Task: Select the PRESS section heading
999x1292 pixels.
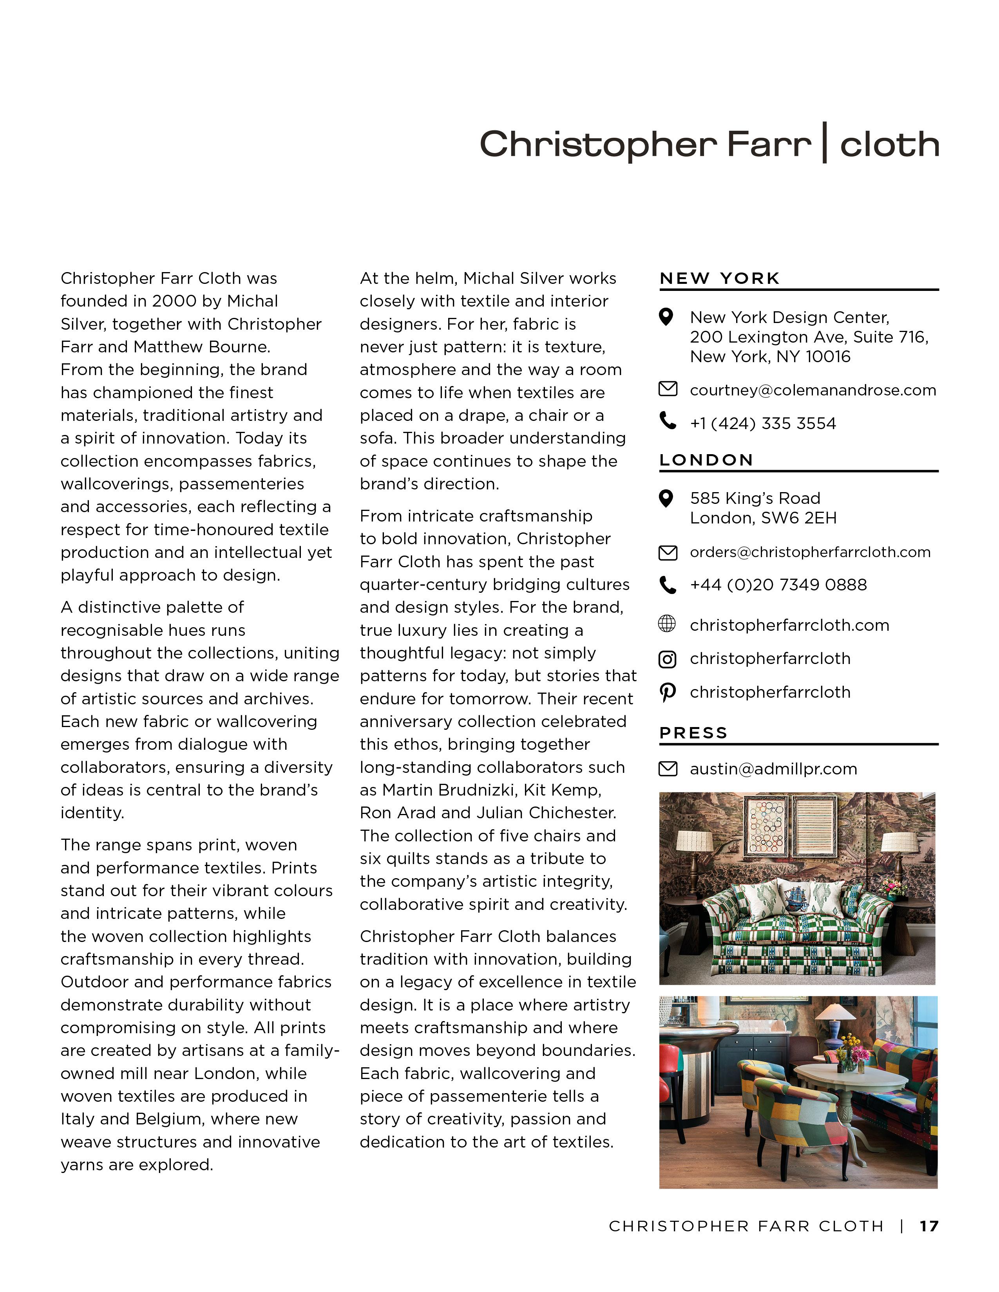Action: pyautogui.click(x=693, y=733)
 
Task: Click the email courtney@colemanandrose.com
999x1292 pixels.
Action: pyautogui.click(x=813, y=390)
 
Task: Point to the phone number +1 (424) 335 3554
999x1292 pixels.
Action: pyautogui.click(x=762, y=424)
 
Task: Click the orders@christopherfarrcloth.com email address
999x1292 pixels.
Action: pyautogui.click(x=810, y=552)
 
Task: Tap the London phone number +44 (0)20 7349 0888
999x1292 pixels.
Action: pyautogui.click(x=778, y=585)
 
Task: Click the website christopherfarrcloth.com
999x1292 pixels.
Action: pyautogui.click(x=789, y=625)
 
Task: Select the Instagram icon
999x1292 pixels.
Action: pyautogui.click(x=668, y=659)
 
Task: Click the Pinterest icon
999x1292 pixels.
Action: pyautogui.click(x=668, y=692)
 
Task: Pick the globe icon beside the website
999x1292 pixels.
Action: pyautogui.click(x=667, y=624)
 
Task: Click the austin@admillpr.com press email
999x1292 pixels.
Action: pyautogui.click(x=773, y=769)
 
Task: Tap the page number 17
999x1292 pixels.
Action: pyautogui.click(x=928, y=1226)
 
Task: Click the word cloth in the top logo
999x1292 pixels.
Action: pyautogui.click(x=889, y=145)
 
